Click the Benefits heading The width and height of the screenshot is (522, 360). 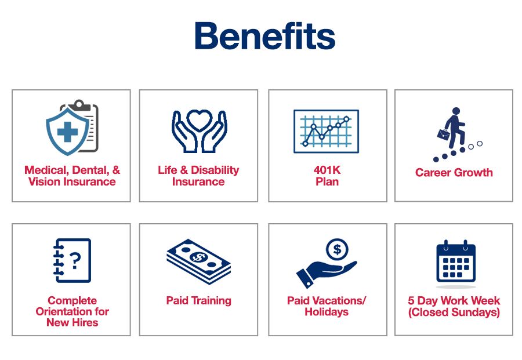(x=265, y=36)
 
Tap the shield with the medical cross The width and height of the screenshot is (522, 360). (x=68, y=132)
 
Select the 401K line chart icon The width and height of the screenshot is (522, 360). (x=326, y=131)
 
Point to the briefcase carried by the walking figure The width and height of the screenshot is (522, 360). (x=444, y=134)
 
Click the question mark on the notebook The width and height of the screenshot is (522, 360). (x=75, y=260)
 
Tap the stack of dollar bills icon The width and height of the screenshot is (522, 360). (x=199, y=261)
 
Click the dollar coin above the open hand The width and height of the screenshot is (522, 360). (x=337, y=249)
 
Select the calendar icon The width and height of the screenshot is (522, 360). (x=456, y=261)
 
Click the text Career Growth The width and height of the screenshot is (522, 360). (x=454, y=172)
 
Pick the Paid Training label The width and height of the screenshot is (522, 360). (x=199, y=300)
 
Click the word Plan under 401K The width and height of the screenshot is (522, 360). (x=327, y=181)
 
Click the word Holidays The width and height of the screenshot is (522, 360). (x=327, y=312)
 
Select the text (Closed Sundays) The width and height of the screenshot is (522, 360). (x=454, y=312)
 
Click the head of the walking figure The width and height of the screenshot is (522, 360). (x=456, y=111)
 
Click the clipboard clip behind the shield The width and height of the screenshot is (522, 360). (x=79, y=104)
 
